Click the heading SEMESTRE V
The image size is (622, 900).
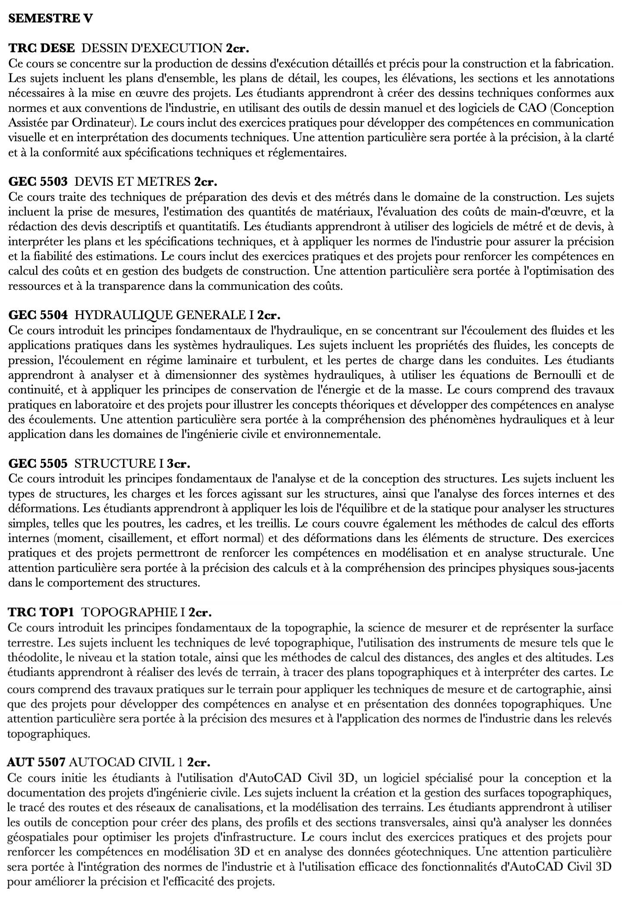pyautogui.click(x=51, y=19)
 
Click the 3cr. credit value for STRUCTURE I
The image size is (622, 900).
pyautogui.click(x=178, y=463)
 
